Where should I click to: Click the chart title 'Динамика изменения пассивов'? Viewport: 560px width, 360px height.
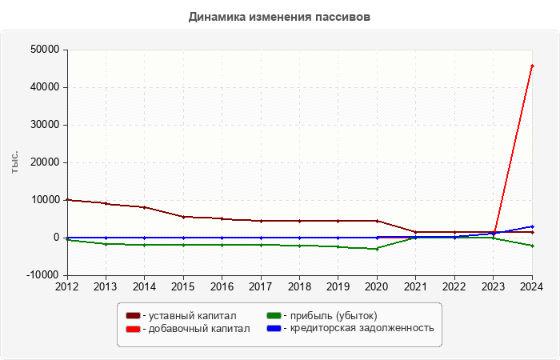(279, 17)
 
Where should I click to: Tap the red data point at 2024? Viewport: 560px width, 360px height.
(532, 66)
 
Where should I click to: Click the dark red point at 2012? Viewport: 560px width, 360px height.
(67, 200)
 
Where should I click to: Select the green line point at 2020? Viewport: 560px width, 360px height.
(377, 249)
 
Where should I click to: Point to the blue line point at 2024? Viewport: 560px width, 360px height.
(532, 226)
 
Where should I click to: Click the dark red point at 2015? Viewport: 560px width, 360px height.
(183, 217)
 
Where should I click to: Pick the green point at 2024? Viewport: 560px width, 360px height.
(532, 246)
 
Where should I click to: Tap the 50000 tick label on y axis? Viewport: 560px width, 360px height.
(44, 50)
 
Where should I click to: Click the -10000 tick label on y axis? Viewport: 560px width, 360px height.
(42, 275)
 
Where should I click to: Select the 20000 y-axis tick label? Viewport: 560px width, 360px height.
(44, 162)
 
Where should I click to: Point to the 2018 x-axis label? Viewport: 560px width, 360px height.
(299, 286)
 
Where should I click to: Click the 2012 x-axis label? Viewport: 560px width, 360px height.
(67, 286)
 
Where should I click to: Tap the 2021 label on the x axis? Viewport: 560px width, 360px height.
(415, 286)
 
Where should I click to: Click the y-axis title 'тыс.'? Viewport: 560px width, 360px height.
(15, 162)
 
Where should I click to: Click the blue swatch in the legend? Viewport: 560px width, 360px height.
(274, 329)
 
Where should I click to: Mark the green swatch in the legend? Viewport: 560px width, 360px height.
(274, 316)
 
